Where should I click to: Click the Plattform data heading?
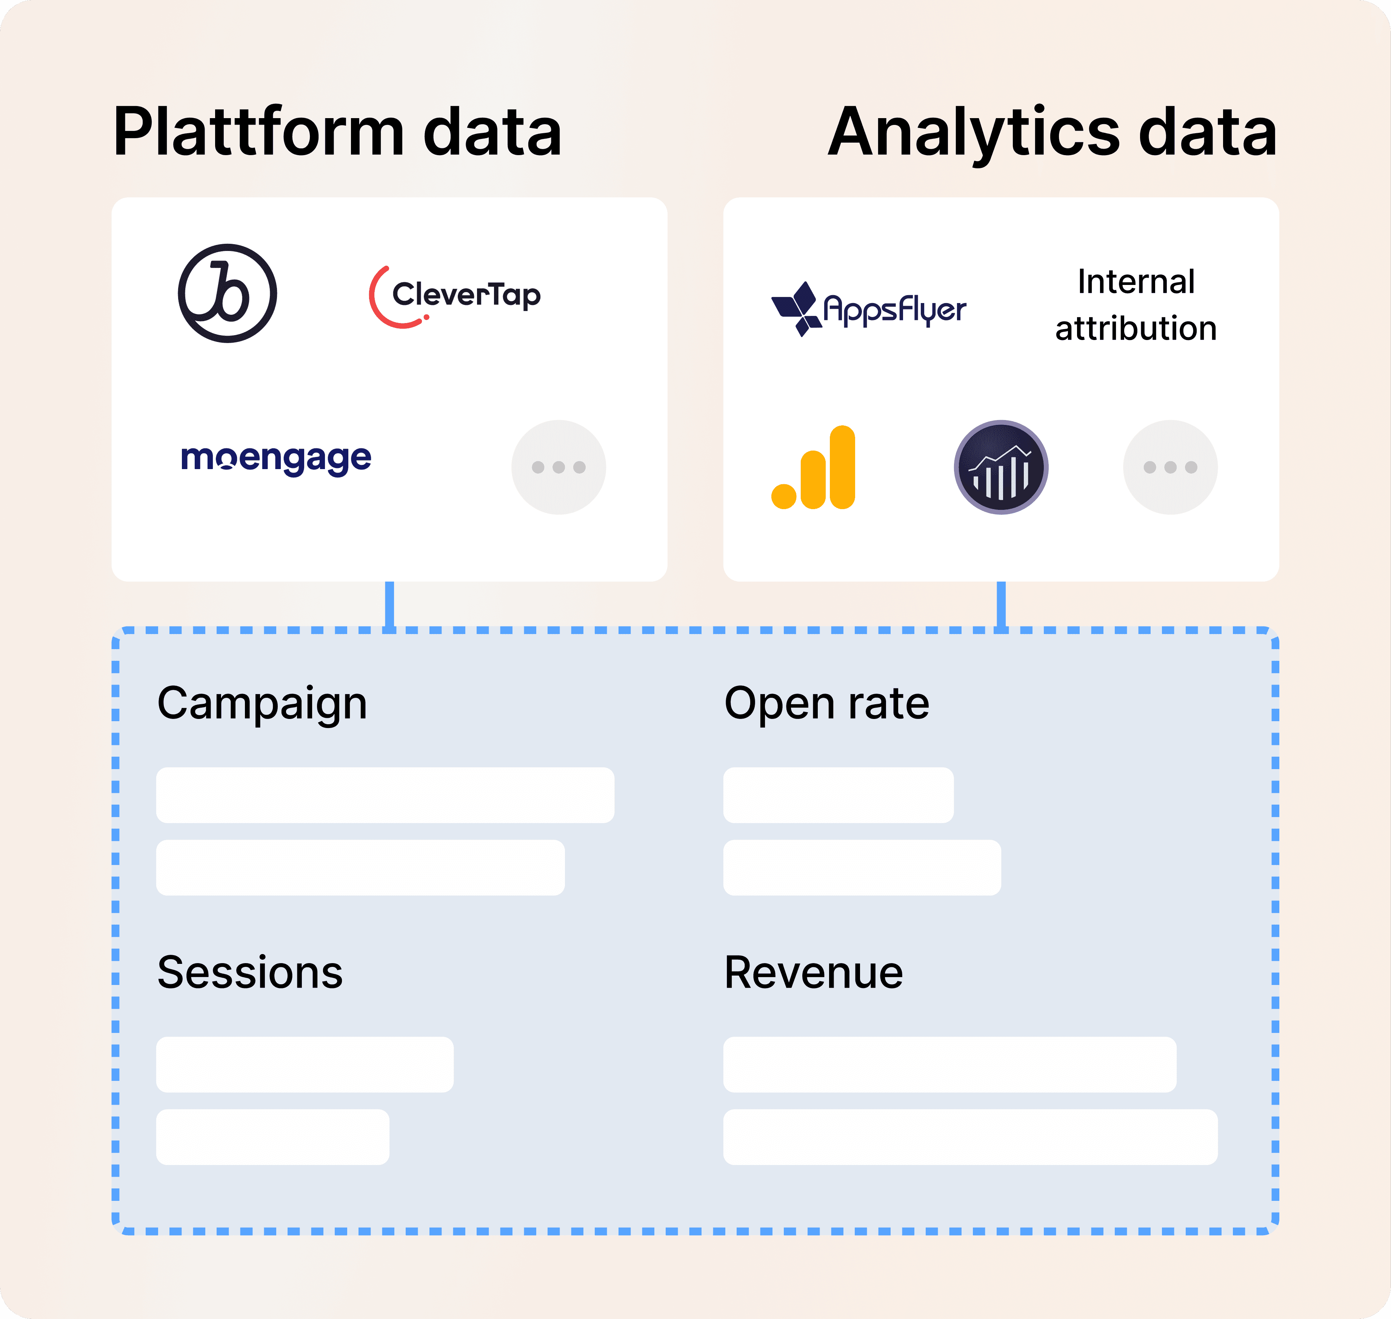coord(337,132)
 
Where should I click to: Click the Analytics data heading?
coord(1052,132)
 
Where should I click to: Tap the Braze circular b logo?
coord(227,293)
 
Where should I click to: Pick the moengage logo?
coord(276,460)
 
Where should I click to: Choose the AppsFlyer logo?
coord(869,309)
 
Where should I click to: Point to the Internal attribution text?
coord(1136,305)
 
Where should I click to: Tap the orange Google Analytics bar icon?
coord(813,468)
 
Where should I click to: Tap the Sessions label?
coord(250,973)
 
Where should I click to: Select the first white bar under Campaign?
coord(385,795)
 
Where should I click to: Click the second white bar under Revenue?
coord(970,1137)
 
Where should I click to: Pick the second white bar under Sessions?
coord(273,1137)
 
